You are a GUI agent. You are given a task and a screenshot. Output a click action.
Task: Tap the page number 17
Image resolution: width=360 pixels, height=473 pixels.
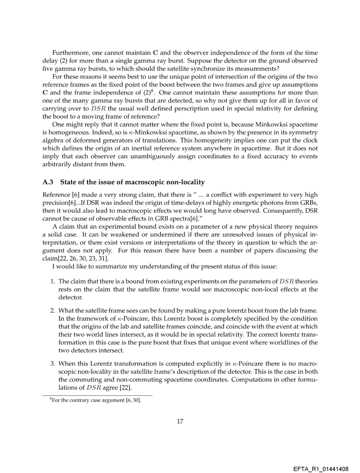[x=180, y=421]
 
